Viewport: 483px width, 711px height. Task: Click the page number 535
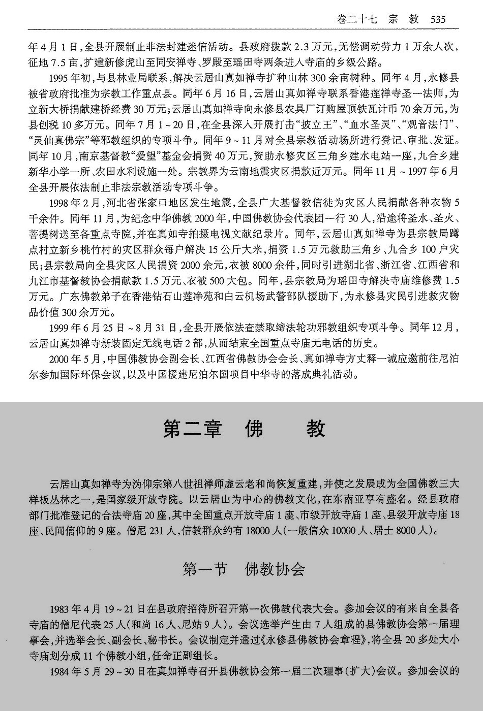coord(438,19)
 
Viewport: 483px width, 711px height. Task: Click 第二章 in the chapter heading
coord(192,429)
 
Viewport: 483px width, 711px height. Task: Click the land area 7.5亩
coord(66,63)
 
